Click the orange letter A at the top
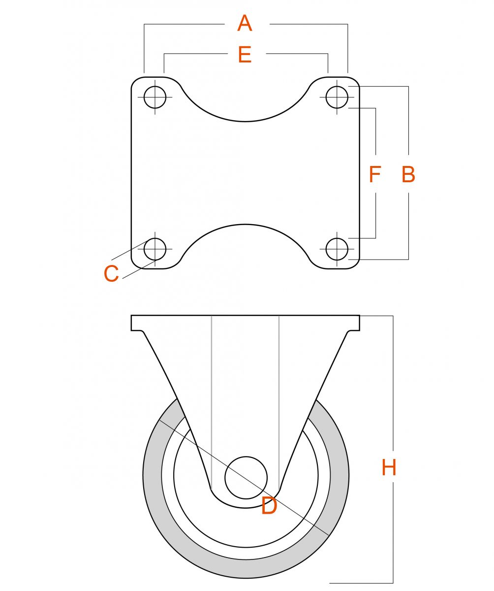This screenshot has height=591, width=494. [x=245, y=23]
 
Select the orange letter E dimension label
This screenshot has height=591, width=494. [x=245, y=54]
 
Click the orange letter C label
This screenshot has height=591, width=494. [x=111, y=273]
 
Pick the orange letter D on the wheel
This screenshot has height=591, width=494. [x=269, y=506]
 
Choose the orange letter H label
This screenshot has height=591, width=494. [x=389, y=467]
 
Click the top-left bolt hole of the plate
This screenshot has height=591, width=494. [x=154, y=97]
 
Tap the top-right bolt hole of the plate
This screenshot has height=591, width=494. [x=337, y=97]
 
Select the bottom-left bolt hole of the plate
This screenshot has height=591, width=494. [x=154, y=249]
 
